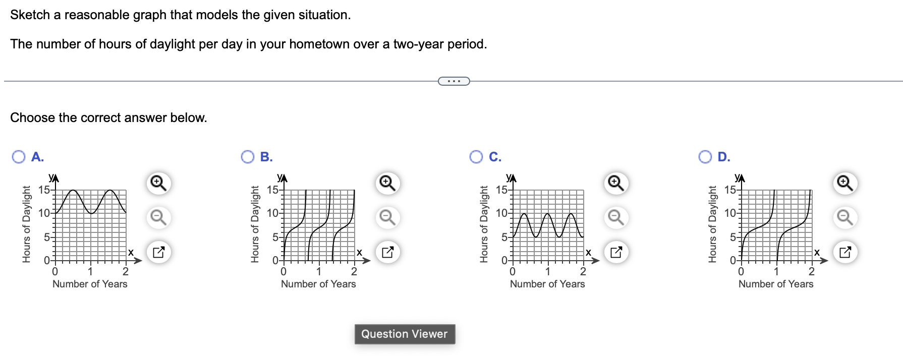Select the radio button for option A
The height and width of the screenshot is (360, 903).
(19, 157)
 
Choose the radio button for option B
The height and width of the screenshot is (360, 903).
(248, 157)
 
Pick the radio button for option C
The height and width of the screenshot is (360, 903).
(476, 157)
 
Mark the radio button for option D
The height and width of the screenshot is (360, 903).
(705, 157)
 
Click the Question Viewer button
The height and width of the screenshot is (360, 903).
(405, 334)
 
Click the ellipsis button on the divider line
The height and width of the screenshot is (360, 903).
(454, 81)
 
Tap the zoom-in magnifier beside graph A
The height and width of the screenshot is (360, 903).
(158, 183)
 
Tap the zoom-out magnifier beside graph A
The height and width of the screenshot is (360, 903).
(158, 217)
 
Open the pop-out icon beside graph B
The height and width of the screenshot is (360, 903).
(387, 252)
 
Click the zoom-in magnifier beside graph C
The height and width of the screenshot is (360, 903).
(616, 183)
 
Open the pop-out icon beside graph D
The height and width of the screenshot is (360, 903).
(845, 252)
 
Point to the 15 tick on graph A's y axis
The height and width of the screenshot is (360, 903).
(44, 190)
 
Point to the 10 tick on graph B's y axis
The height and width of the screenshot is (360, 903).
(273, 213)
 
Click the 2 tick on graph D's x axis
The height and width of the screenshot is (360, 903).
(812, 272)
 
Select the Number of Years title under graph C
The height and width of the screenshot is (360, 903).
(547, 284)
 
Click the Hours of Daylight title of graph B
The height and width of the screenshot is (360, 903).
(255, 224)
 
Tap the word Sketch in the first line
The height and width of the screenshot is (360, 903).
(30, 15)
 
